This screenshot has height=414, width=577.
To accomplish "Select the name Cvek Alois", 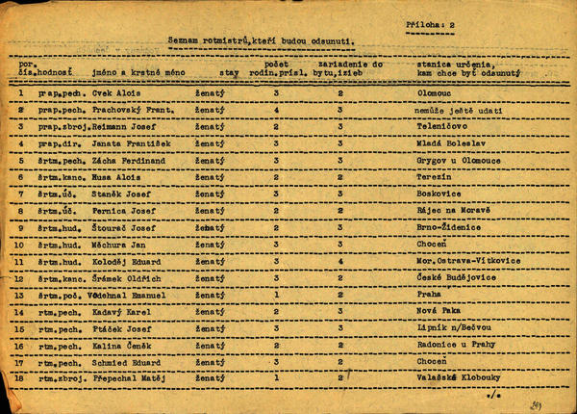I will [115, 93].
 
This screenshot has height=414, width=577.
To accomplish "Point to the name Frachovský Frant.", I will [133, 111].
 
